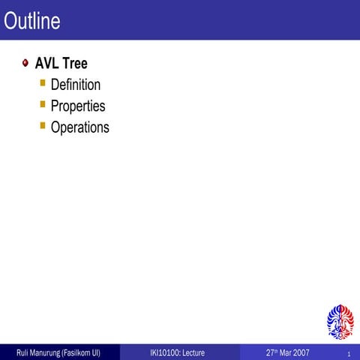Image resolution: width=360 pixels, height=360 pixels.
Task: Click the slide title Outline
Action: (x=31, y=21)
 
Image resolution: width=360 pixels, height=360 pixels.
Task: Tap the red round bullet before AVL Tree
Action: (x=25, y=64)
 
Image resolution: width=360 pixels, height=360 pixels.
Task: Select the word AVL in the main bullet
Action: (x=46, y=64)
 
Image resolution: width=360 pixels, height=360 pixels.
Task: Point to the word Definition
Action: (x=76, y=85)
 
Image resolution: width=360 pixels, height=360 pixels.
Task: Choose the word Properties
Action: (x=78, y=106)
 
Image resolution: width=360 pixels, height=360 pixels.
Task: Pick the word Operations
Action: (x=79, y=127)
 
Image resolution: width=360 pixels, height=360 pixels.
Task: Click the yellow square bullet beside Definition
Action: (x=43, y=83)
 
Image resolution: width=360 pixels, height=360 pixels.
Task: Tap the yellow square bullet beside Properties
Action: (x=43, y=104)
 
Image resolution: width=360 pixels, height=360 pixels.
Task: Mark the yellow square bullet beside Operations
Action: (x=43, y=125)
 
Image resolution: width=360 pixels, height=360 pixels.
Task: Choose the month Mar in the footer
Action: (x=289, y=352)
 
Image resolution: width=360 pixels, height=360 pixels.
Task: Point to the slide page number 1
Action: (x=349, y=353)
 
